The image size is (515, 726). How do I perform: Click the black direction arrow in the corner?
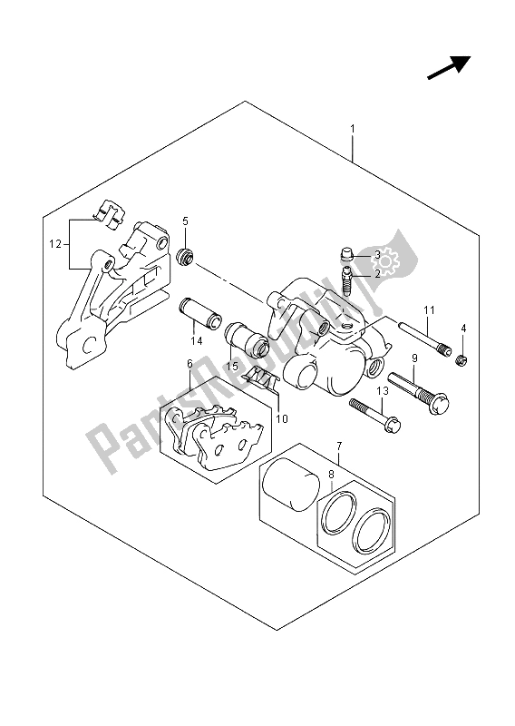[450, 66]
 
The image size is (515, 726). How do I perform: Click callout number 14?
[194, 342]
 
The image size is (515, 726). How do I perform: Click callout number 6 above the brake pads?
[189, 364]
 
